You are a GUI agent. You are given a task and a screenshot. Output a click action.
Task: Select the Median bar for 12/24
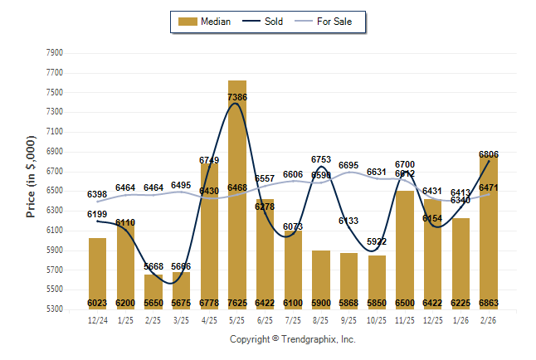[x=98, y=274]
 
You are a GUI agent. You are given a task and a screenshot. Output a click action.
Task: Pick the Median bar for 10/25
[x=378, y=282]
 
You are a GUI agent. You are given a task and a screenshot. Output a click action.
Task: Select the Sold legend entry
[x=263, y=22]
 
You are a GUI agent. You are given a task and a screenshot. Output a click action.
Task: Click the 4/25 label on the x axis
[x=209, y=321]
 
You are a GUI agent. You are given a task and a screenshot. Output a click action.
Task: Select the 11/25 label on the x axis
[x=405, y=321]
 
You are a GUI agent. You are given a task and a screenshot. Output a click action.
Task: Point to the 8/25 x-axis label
[x=321, y=321]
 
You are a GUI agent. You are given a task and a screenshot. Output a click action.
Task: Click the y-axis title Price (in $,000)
[x=31, y=177]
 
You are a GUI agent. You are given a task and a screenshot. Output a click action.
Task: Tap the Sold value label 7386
[x=237, y=97]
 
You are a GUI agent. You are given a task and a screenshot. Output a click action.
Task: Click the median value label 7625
[x=237, y=304]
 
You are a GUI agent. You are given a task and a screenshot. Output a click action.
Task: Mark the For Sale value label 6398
[x=98, y=194]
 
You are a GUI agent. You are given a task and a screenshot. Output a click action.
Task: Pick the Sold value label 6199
[x=98, y=214]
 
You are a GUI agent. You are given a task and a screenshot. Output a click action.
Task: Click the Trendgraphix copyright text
[x=292, y=339]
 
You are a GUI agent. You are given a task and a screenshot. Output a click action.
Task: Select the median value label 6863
[x=489, y=304]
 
